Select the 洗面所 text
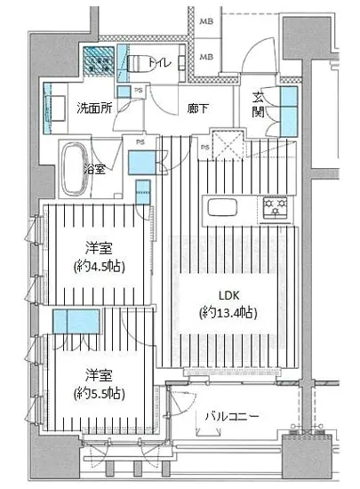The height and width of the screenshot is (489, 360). pos(93,109)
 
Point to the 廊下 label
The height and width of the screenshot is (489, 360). pos(197,108)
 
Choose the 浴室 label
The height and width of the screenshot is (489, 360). pos(95,169)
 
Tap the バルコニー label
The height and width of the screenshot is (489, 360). pos(231,414)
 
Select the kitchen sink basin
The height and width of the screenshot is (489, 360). pos(219,211)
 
